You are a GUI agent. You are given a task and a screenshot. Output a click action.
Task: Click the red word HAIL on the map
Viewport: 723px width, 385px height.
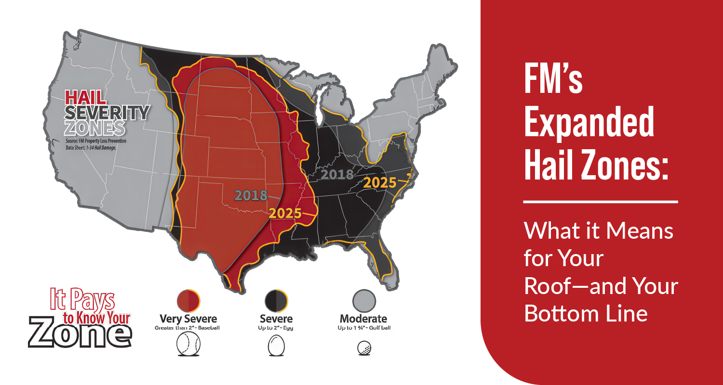[85, 97]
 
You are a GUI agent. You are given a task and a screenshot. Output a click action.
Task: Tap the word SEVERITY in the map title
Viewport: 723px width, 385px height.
[107, 113]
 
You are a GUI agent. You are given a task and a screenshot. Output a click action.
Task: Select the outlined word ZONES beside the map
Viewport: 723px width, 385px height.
[94, 128]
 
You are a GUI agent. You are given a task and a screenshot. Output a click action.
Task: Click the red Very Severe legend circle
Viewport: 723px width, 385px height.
[188, 300]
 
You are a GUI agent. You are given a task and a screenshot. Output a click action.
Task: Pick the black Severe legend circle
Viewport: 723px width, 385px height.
[276, 300]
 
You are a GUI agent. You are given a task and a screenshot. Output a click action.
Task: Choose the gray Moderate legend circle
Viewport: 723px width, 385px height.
[363, 300]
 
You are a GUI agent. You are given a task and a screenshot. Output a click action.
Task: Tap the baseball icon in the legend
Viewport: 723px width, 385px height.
[188, 345]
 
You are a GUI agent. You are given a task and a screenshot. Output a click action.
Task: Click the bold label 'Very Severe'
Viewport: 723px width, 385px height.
[188, 319]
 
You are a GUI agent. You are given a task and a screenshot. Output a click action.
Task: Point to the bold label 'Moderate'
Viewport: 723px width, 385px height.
[363, 319]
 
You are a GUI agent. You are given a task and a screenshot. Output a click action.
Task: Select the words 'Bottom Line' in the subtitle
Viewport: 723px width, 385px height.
[585, 313]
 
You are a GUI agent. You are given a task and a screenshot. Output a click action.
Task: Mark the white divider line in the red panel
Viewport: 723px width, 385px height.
[600, 202]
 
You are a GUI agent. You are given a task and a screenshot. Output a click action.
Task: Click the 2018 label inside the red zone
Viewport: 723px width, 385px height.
[251, 195]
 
